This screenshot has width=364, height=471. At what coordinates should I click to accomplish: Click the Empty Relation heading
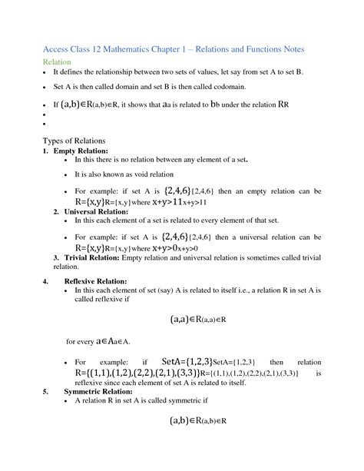81,151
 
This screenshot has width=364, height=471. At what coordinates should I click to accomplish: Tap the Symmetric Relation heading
98,391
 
